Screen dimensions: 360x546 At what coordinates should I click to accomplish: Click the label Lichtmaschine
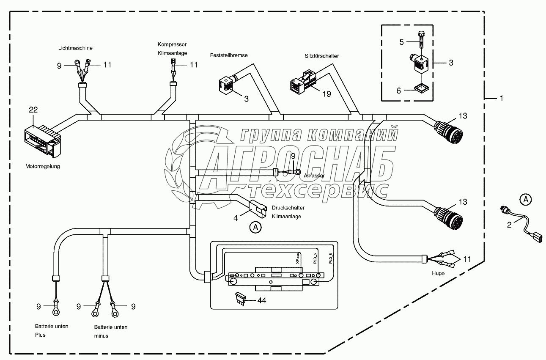pyautogui.click(x=75, y=48)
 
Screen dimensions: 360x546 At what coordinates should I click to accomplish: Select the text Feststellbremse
pyautogui.click(x=229, y=55)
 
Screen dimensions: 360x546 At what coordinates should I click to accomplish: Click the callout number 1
pyautogui.click(x=501, y=98)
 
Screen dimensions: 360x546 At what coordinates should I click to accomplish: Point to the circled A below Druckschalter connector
pyautogui.click(x=255, y=228)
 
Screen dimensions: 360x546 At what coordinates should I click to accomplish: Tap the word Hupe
pyautogui.click(x=438, y=274)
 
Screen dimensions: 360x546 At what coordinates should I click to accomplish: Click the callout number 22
pyautogui.click(x=33, y=110)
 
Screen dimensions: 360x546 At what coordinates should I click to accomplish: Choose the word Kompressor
pyautogui.click(x=172, y=44)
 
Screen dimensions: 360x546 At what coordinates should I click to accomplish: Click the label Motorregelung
pyautogui.click(x=42, y=166)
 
